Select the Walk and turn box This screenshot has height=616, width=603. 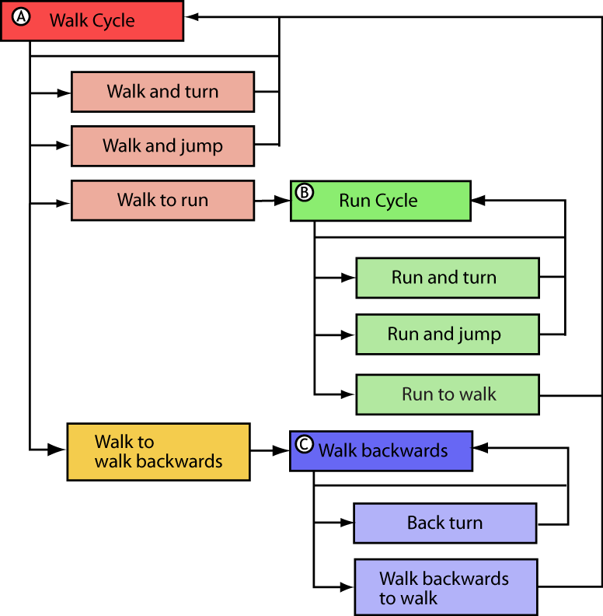(x=162, y=92)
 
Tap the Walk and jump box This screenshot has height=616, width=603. (x=162, y=146)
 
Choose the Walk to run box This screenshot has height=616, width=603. (x=162, y=201)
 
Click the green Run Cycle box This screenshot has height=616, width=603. (x=380, y=201)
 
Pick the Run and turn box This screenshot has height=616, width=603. (x=447, y=278)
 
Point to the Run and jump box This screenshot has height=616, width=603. (x=447, y=334)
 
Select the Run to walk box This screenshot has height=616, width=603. (x=447, y=394)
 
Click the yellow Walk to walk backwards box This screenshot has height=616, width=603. (x=158, y=452)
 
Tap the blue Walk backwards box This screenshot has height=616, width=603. (x=381, y=450)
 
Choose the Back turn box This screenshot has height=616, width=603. (x=444, y=523)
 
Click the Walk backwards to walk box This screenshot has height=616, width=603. (x=445, y=587)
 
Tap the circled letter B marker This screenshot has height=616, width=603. (x=305, y=191)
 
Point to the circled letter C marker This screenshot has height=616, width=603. (x=305, y=443)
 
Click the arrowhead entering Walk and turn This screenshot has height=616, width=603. (x=64, y=93)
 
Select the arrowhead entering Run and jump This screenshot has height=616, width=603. (x=349, y=335)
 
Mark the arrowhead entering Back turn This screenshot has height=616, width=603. (x=347, y=523)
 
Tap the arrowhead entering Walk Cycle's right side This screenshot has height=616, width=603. (x=191, y=17)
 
